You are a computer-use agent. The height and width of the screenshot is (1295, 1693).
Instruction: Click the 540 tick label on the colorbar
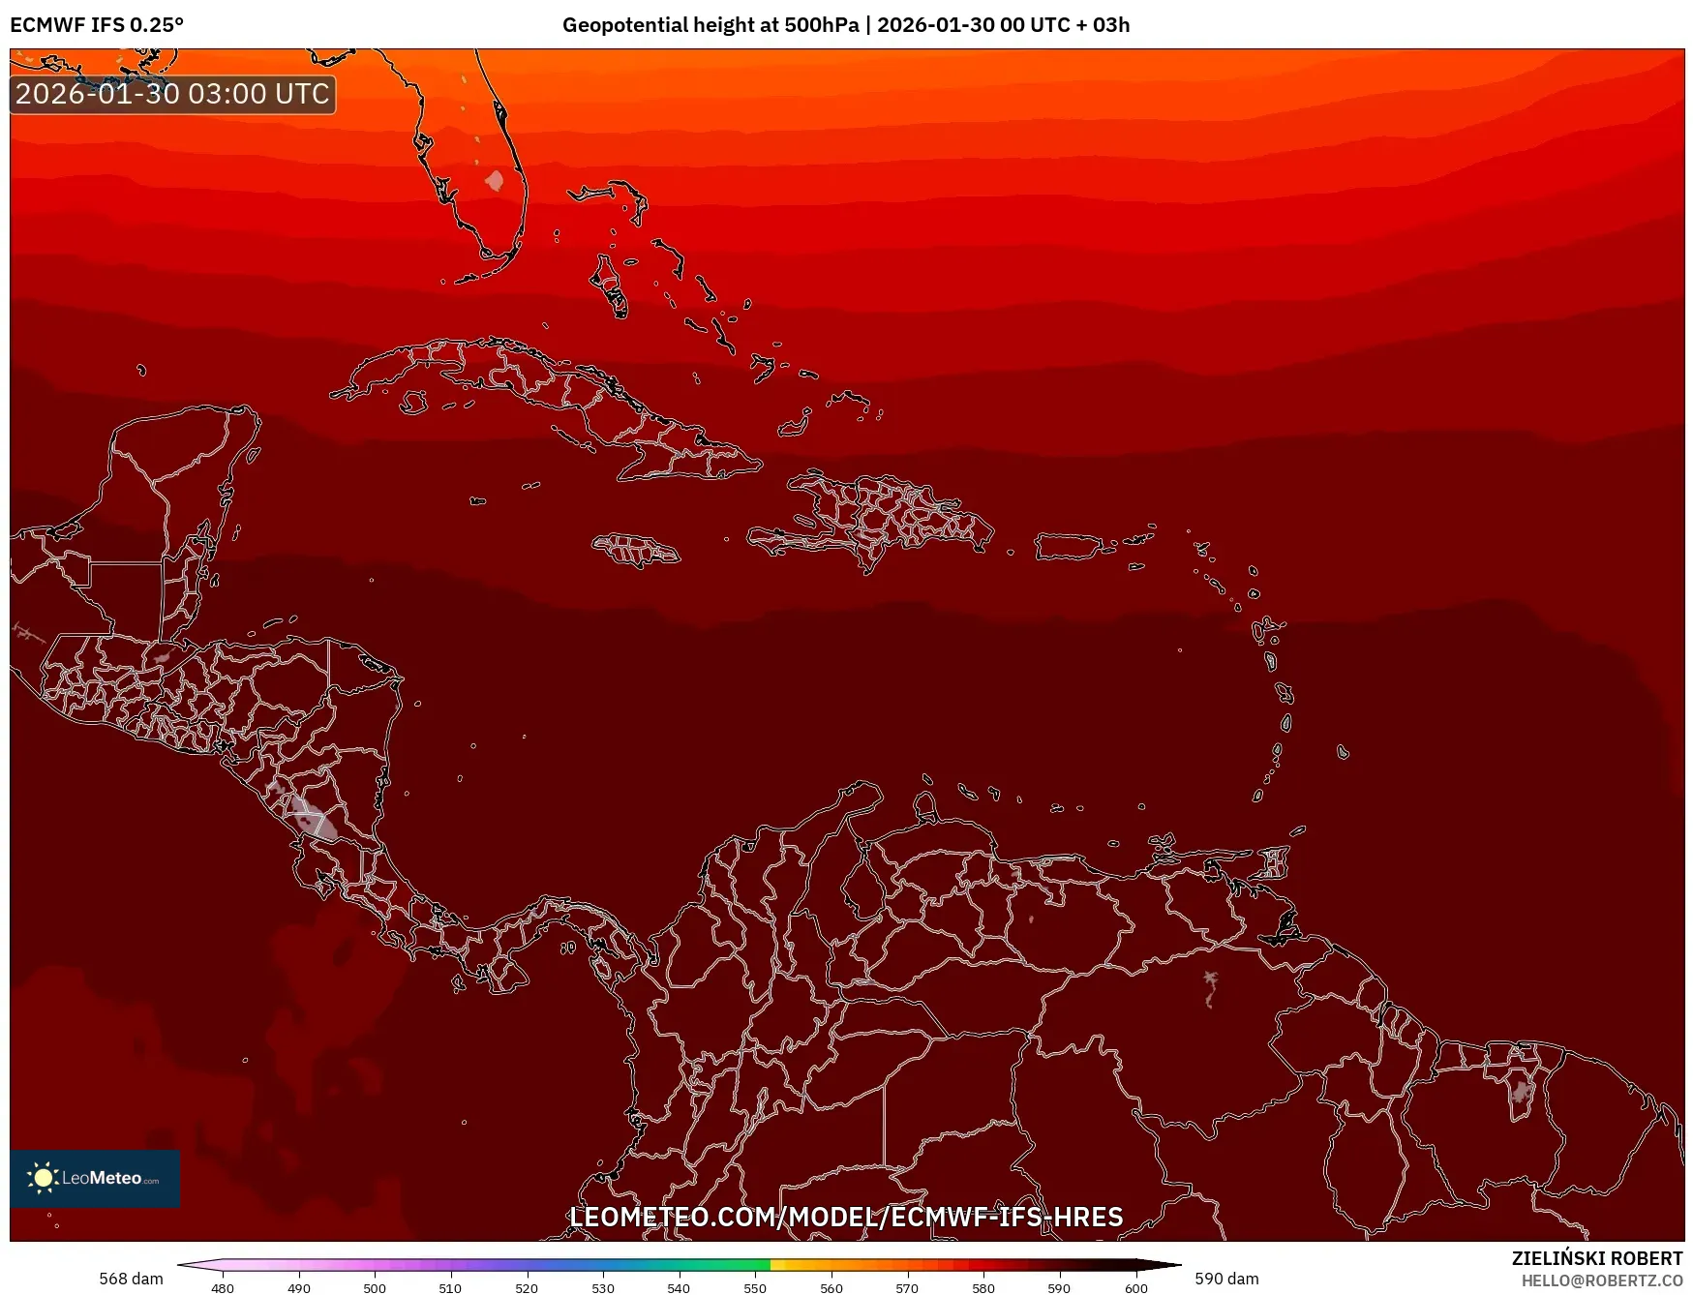pyautogui.click(x=679, y=1288)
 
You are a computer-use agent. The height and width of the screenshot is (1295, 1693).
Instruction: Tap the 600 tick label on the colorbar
pyautogui.click(x=1136, y=1288)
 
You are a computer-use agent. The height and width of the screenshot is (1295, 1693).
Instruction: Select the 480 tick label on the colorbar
pyautogui.click(x=223, y=1288)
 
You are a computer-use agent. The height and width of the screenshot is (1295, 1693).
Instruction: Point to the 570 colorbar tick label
pyautogui.click(x=907, y=1288)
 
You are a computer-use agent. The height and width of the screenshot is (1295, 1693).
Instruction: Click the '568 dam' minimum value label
pyautogui.click(x=131, y=1279)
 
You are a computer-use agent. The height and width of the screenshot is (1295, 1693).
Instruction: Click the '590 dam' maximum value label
pyautogui.click(x=1226, y=1279)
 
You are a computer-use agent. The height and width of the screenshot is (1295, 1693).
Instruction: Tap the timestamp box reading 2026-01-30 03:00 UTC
pyautogui.click(x=172, y=94)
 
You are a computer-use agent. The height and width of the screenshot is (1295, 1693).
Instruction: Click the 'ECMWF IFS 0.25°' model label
pyautogui.click(x=97, y=25)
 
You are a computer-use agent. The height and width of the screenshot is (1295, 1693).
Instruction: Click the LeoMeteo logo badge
pyautogui.click(x=95, y=1178)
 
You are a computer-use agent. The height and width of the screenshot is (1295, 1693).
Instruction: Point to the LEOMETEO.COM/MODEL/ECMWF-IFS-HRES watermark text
pyautogui.click(x=846, y=1217)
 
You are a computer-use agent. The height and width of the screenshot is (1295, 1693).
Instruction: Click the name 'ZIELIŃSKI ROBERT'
pyautogui.click(x=1597, y=1258)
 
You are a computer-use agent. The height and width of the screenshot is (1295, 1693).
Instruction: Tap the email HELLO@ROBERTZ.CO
pyautogui.click(x=1602, y=1280)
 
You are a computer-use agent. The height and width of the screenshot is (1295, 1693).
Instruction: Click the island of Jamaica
pyautogui.click(x=636, y=550)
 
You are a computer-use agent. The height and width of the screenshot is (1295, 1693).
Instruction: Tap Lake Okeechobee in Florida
pyautogui.click(x=495, y=181)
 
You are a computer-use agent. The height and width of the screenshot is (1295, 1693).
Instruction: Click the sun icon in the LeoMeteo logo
pyautogui.click(x=43, y=1178)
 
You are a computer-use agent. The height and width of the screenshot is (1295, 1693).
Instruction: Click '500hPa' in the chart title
pyautogui.click(x=821, y=25)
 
